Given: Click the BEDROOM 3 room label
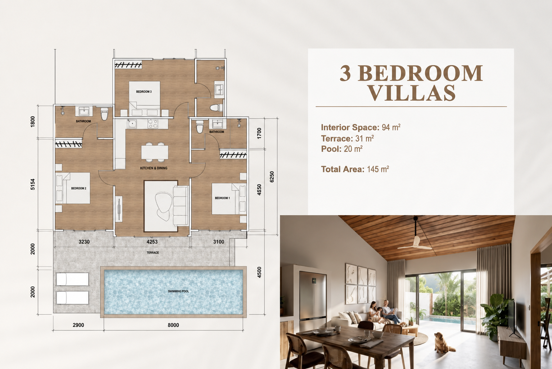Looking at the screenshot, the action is [144, 92].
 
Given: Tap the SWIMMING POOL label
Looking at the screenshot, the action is [178, 291].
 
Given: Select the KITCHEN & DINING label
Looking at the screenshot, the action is [154, 168].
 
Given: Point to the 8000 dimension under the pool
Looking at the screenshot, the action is [173, 325].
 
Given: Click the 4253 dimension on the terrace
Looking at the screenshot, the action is [152, 242].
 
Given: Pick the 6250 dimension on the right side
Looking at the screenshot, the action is [272, 177].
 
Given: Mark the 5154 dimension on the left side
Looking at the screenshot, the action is [32, 184].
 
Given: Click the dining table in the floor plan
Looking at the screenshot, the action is [155, 152].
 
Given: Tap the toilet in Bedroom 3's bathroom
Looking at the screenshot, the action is [216, 108].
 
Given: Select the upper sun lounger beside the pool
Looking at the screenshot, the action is [72, 279].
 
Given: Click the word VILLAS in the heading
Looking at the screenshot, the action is [411, 93].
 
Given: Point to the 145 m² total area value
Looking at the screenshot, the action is [378, 169].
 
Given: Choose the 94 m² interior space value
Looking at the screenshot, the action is [391, 127].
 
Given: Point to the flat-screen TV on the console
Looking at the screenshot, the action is [512, 318].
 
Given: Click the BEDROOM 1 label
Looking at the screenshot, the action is [222, 198].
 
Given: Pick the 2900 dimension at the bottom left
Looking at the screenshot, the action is [78, 325].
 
